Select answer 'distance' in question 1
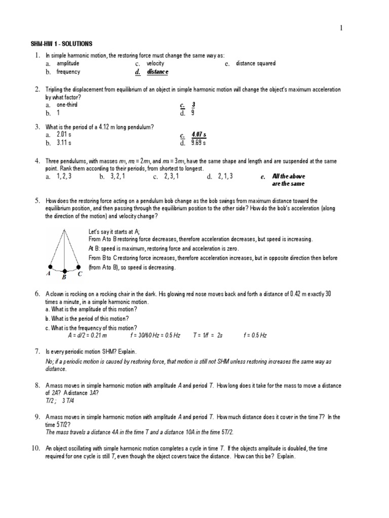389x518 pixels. click(x=157, y=72)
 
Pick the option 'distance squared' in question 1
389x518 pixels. click(x=256, y=64)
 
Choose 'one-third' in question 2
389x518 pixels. click(x=67, y=105)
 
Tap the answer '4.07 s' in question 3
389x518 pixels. click(x=199, y=135)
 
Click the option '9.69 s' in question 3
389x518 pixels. click(x=199, y=143)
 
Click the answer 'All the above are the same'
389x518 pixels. click(x=289, y=180)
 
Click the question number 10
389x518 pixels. click(x=38, y=448)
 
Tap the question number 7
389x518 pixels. click(x=37, y=351)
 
